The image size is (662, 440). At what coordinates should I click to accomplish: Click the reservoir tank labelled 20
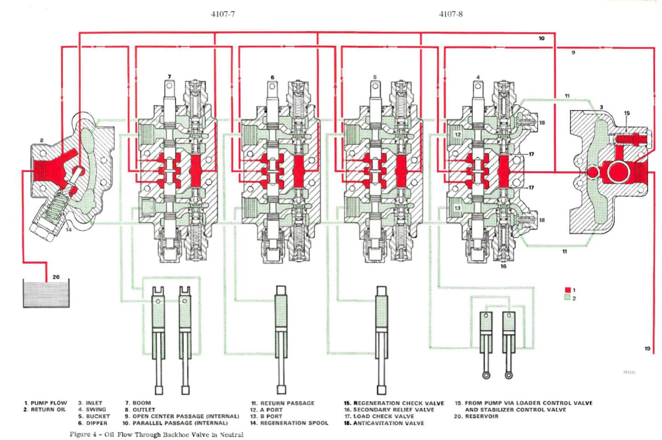click(x=46, y=294)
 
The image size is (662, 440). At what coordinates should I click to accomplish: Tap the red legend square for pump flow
click(x=567, y=290)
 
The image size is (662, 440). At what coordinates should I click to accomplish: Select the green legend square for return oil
click(x=567, y=297)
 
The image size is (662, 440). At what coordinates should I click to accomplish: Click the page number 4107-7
click(x=223, y=14)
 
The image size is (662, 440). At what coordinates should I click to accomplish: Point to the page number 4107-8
click(x=451, y=14)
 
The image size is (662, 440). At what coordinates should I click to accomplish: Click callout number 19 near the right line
click(x=647, y=349)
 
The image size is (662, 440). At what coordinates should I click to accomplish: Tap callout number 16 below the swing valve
click(x=503, y=266)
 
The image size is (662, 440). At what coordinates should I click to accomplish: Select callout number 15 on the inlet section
click(x=627, y=113)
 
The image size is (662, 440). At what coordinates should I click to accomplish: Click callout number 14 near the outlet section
click(x=69, y=229)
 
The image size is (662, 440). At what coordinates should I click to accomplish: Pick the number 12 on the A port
click(x=457, y=135)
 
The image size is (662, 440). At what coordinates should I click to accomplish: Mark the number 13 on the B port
click(x=457, y=208)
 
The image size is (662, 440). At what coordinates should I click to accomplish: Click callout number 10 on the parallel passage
click(x=541, y=39)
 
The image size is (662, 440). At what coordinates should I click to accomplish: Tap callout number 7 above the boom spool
click(x=169, y=77)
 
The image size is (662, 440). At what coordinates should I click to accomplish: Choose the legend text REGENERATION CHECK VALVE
click(x=398, y=403)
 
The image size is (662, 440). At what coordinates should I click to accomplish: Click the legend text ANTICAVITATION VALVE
click(x=388, y=423)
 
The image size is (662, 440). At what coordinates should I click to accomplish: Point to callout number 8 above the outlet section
click(x=42, y=140)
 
